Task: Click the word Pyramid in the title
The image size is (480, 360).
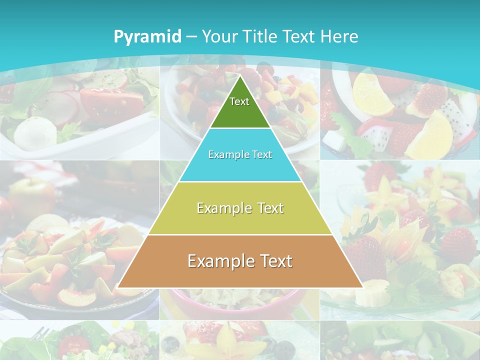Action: pos(147,37)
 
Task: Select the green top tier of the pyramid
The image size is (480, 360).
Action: pos(240,112)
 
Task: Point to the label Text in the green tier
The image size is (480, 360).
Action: pos(239,101)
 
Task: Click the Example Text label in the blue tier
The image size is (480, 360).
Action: pos(240,154)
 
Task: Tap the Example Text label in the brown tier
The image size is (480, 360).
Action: pos(240,261)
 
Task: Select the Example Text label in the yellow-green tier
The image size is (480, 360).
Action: pos(240,208)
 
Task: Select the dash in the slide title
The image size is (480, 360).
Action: pos(191,36)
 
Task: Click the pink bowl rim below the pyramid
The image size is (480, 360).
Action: pos(235,300)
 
